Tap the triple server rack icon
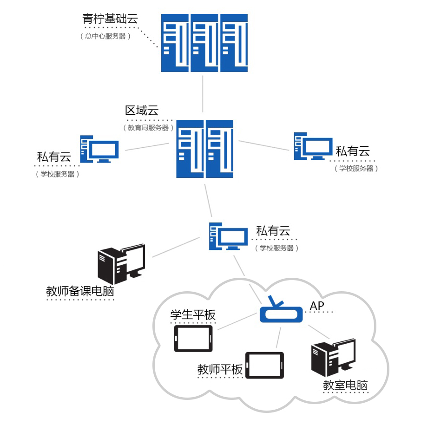(x=204, y=43)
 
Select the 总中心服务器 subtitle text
(x=105, y=36)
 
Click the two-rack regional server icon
(x=204, y=149)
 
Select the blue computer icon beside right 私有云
(x=313, y=146)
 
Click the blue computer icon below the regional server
(x=228, y=236)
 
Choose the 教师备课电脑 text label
(x=80, y=292)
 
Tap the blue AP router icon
(x=281, y=311)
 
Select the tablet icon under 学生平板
(x=193, y=339)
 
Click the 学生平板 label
(x=193, y=315)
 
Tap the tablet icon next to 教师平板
(x=264, y=366)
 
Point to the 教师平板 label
(x=220, y=370)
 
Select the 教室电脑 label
(x=346, y=386)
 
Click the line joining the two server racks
(x=203, y=93)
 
